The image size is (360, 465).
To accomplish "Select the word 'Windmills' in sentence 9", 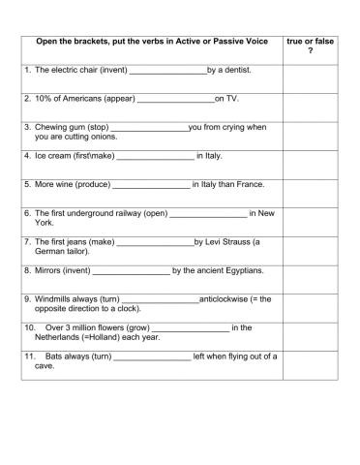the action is (x=55, y=298).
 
